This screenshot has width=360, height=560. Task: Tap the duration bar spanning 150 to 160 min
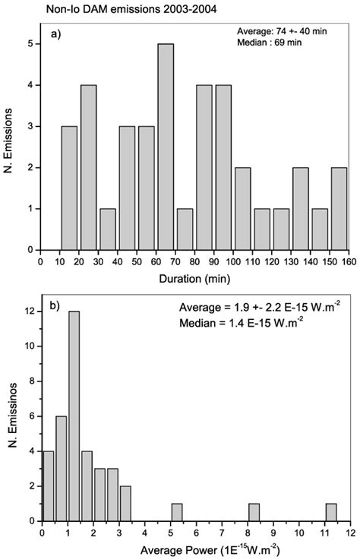pos(339,208)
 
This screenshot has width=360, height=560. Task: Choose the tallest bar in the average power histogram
pos(74,417)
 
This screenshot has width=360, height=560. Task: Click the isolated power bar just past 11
pos(331,513)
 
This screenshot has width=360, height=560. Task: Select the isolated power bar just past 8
pos(254,513)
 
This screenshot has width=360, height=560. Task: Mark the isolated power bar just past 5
pos(177,513)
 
